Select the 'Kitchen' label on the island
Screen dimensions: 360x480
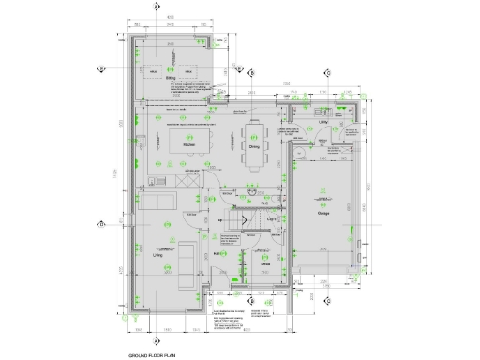pyautogui.click(x=188, y=145)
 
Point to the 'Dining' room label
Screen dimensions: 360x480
pyautogui.click(x=254, y=146)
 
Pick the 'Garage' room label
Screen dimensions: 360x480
pyautogui.click(x=323, y=213)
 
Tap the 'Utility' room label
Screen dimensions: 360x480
pyautogui.click(x=322, y=122)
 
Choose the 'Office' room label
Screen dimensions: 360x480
pyautogui.click(x=265, y=263)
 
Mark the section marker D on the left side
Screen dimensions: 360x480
pyautogui.click(x=101, y=225)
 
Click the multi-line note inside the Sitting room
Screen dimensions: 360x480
pyautogui.click(x=194, y=88)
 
